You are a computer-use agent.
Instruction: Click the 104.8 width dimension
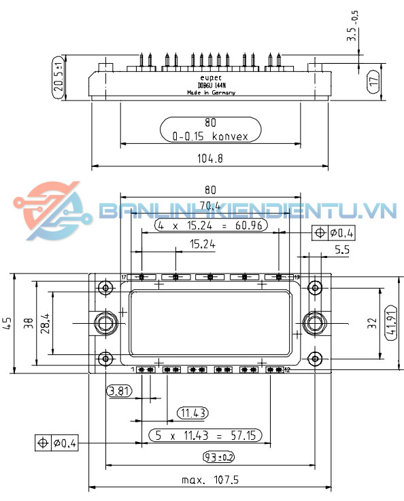tap(209, 158)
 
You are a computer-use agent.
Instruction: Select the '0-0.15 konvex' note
tap(209, 136)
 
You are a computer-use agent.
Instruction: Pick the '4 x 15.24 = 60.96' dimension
tap(210, 225)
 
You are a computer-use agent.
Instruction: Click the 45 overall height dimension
tap(7, 322)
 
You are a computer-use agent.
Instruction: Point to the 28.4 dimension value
tap(44, 322)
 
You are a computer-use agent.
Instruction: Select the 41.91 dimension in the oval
tap(390, 322)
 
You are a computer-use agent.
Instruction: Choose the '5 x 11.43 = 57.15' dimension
tap(206, 434)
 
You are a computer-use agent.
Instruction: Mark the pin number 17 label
tap(124, 278)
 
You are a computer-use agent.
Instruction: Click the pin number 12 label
tap(288, 369)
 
